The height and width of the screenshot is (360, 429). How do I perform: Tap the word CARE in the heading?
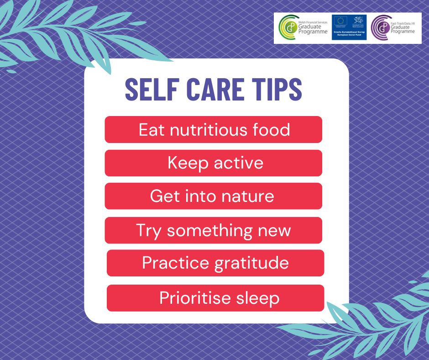[209, 90]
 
